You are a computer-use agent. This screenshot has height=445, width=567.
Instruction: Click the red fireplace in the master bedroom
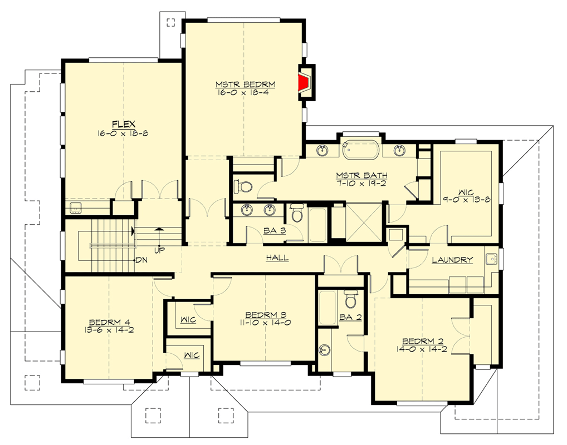pos(304,83)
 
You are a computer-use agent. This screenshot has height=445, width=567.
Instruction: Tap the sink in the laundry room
pos(491,259)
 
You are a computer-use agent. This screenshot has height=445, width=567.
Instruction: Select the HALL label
pos(276,258)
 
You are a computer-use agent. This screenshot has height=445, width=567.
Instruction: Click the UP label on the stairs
pos(160,251)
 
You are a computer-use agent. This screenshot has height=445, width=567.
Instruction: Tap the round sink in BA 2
pos(325,350)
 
